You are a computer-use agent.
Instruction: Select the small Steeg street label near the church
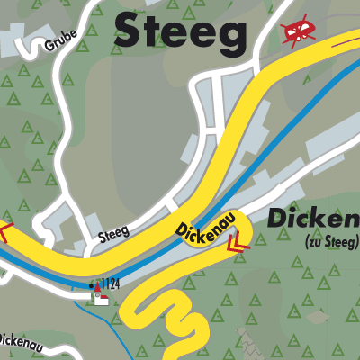[113, 235]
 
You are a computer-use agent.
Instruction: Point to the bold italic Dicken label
[313, 219]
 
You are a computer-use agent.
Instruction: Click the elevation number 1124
[108, 284]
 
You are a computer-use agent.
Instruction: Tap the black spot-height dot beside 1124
[91, 285]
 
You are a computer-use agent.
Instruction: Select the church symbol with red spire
[100, 298]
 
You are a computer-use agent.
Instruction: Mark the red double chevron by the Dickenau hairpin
[237, 242]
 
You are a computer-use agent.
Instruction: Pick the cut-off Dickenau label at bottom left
[17, 340]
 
